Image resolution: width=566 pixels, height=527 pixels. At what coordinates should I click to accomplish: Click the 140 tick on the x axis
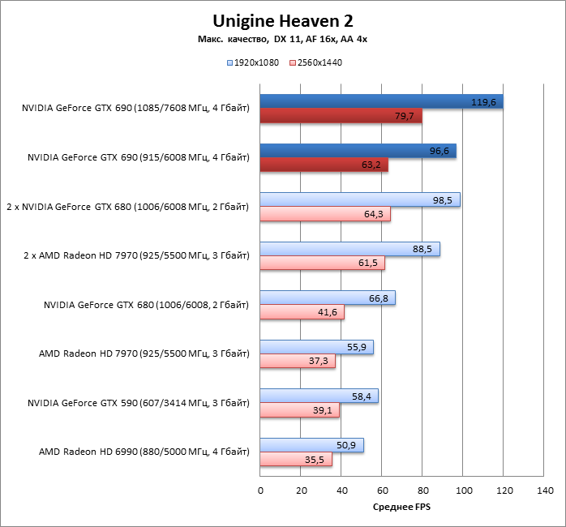545,491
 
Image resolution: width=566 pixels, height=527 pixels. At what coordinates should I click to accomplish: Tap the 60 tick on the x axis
382,491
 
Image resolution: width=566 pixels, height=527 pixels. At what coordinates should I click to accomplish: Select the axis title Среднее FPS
402,508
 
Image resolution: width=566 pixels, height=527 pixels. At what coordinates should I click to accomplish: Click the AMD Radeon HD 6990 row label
144,452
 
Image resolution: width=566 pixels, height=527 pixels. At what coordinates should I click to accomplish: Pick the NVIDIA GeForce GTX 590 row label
138,403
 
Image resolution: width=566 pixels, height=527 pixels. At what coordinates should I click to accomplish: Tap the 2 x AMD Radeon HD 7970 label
136,255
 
